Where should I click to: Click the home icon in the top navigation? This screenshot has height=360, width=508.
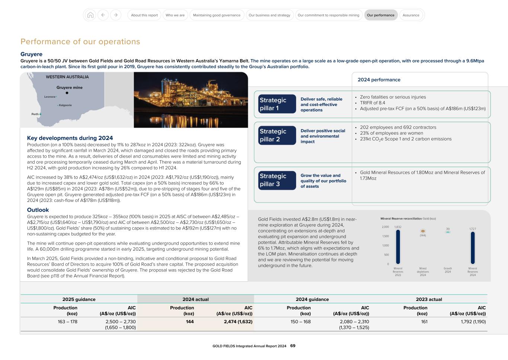90,15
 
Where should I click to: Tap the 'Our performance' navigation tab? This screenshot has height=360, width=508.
380,15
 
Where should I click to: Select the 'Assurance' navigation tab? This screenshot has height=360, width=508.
411,15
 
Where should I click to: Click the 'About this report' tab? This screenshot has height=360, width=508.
144,15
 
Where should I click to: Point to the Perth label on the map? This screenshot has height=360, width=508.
35,114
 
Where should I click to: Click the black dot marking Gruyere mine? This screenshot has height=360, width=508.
67,93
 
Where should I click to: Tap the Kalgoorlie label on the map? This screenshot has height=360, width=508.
65,105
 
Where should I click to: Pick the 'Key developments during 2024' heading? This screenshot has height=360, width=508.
70,138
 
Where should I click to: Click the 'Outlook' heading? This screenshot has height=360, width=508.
38,210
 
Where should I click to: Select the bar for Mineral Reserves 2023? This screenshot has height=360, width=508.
398,247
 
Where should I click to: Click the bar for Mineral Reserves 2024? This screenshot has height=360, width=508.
473,248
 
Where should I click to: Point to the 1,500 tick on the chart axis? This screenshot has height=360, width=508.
385,236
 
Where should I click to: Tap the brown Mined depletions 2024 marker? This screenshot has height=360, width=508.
423,231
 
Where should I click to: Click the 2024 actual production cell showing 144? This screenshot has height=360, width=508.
190,322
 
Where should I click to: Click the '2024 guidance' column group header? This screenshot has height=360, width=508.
312,299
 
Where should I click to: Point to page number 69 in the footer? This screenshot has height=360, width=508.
293,346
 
